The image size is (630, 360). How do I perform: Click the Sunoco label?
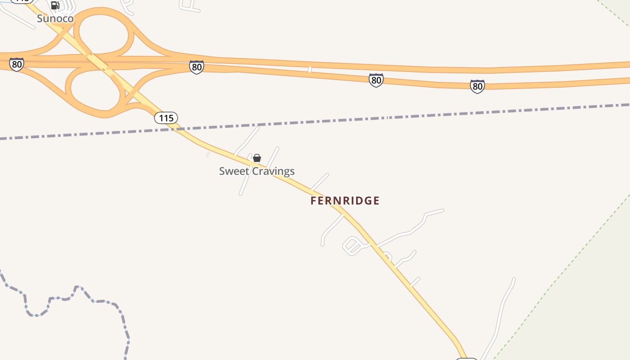[55, 18]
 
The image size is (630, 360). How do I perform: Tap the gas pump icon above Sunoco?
[55, 5]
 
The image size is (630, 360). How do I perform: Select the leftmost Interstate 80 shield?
[17, 64]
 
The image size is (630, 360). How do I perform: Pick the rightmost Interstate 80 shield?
[477, 86]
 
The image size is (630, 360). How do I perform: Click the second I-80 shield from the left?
[197, 67]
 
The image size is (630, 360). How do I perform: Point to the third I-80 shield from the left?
[376, 80]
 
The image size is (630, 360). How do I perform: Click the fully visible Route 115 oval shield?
[166, 118]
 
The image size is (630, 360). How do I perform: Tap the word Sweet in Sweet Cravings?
[234, 171]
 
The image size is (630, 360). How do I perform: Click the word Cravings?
[274, 171]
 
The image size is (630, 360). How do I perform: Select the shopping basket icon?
[257, 158]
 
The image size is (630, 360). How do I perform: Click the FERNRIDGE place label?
[345, 201]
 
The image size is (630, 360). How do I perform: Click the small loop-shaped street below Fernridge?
[353, 245]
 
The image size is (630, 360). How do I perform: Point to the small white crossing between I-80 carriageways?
[310, 69]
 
